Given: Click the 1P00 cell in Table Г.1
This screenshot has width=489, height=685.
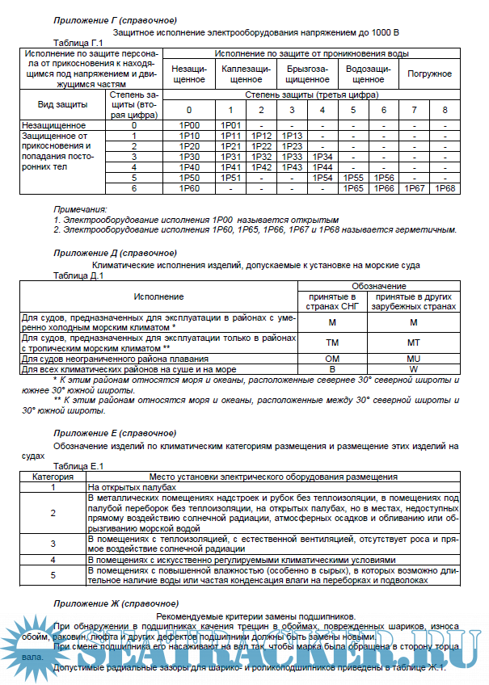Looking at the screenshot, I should coord(189,125).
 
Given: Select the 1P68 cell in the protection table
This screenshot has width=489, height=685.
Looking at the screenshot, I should coord(445,188).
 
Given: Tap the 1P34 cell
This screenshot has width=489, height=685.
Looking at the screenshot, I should coord(322,157).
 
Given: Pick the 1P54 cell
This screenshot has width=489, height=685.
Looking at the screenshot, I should coord(322,178).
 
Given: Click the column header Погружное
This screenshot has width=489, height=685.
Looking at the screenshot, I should coord(429,74).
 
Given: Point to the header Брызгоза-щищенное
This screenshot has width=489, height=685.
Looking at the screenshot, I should coord(306,74).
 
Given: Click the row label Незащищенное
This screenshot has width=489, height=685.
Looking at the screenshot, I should coord(54,125).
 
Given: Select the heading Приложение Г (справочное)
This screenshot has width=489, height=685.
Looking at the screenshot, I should coord(116,19).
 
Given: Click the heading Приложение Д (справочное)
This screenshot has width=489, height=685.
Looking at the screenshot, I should coord(116,253).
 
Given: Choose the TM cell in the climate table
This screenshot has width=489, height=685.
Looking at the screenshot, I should coord(332,342).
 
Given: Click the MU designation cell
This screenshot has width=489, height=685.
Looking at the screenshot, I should coord(414,358).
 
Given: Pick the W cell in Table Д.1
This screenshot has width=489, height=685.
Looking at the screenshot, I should coord(414,368).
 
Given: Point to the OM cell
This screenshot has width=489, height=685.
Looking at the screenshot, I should coord(332,358).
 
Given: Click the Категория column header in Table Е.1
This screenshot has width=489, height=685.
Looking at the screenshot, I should coord(53,477).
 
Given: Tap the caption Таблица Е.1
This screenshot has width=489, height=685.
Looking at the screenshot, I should coord(78,466).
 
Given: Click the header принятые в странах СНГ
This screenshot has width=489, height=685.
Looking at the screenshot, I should coord(332,302).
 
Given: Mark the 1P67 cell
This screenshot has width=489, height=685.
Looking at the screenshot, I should coord(414,188).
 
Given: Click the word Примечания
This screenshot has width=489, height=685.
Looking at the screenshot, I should coord(80,209).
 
